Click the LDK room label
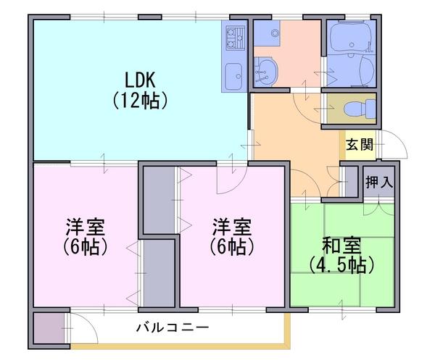tap(140, 80)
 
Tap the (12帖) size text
tap(140, 101)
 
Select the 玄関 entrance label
tap(360, 145)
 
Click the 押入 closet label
tap(379, 183)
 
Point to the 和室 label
tap(341, 246)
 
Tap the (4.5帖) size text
tap(341, 266)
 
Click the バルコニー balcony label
tap(173, 328)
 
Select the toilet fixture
tap(360, 109)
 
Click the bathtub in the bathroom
tap(351, 38)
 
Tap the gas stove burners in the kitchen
tap(236, 38)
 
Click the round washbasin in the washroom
tap(266, 71)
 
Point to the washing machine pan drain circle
tap(275, 33)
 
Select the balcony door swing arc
tap(89, 322)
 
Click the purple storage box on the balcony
tap(49, 329)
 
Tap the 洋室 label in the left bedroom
tap(85, 227)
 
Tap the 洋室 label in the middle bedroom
tap(232, 227)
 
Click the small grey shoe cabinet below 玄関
tap(351, 181)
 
